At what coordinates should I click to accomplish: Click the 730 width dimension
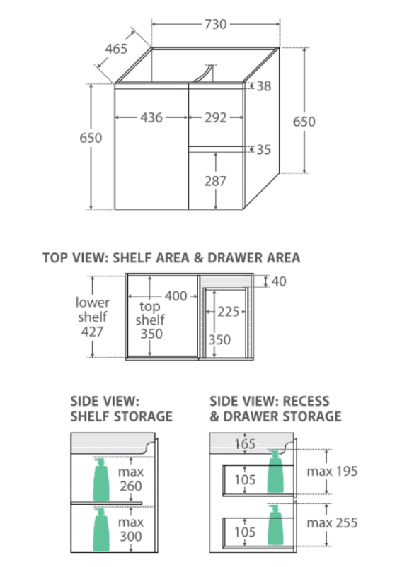tap(216, 24)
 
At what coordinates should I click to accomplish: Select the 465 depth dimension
tap(116, 49)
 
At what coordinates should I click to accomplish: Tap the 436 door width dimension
tap(151, 117)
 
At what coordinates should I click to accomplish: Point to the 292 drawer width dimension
tap(216, 117)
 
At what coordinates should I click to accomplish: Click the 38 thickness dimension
tap(264, 86)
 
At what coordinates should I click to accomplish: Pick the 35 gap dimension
tap(264, 150)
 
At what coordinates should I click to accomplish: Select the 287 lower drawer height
tap(215, 181)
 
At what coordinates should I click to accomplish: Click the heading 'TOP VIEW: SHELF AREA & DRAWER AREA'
tap(171, 258)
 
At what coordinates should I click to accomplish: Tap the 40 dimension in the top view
tap(279, 281)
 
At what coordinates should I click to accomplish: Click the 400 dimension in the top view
tap(176, 296)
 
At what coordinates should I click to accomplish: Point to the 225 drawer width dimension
tap(229, 312)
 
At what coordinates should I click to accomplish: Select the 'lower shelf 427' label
tap(92, 317)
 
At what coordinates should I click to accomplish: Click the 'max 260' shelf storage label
tap(131, 479)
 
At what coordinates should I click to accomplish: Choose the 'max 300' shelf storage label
tap(131, 529)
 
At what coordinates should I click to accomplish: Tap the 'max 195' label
tap(332, 471)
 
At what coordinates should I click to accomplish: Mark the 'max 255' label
tap(332, 522)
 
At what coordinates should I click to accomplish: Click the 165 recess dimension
tap(245, 444)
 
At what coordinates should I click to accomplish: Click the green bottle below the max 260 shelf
tap(101, 529)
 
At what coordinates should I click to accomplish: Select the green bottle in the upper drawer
tap(275, 471)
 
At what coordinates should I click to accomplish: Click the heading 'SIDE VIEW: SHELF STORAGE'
tap(121, 409)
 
